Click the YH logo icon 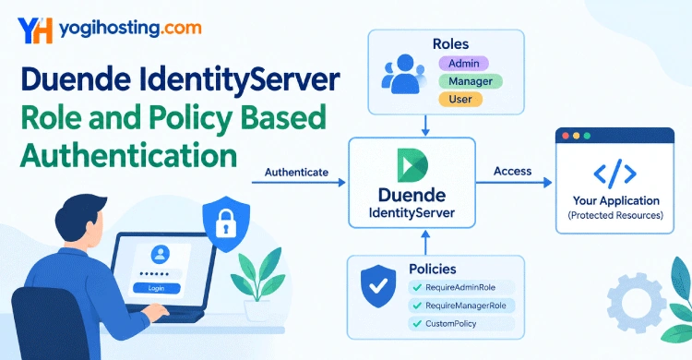click(x=35, y=30)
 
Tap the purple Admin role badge click(x=463, y=64)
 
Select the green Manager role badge click(x=471, y=81)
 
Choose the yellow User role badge click(x=460, y=99)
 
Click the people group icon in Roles click(x=404, y=74)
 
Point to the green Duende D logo click(x=412, y=165)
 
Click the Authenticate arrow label click(x=296, y=173)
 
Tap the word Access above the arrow click(x=512, y=171)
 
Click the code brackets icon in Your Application click(x=614, y=174)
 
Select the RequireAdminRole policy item click(x=461, y=288)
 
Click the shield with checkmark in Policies click(x=378, y=286)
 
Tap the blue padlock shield click(x=226, y=223)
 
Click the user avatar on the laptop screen click(x=160, y=255)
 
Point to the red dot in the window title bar click(x=566, y=136)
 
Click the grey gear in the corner click(x=637, y=303)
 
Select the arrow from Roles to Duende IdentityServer click(x=425, y=126)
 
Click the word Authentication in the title click(x=128, y=155)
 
